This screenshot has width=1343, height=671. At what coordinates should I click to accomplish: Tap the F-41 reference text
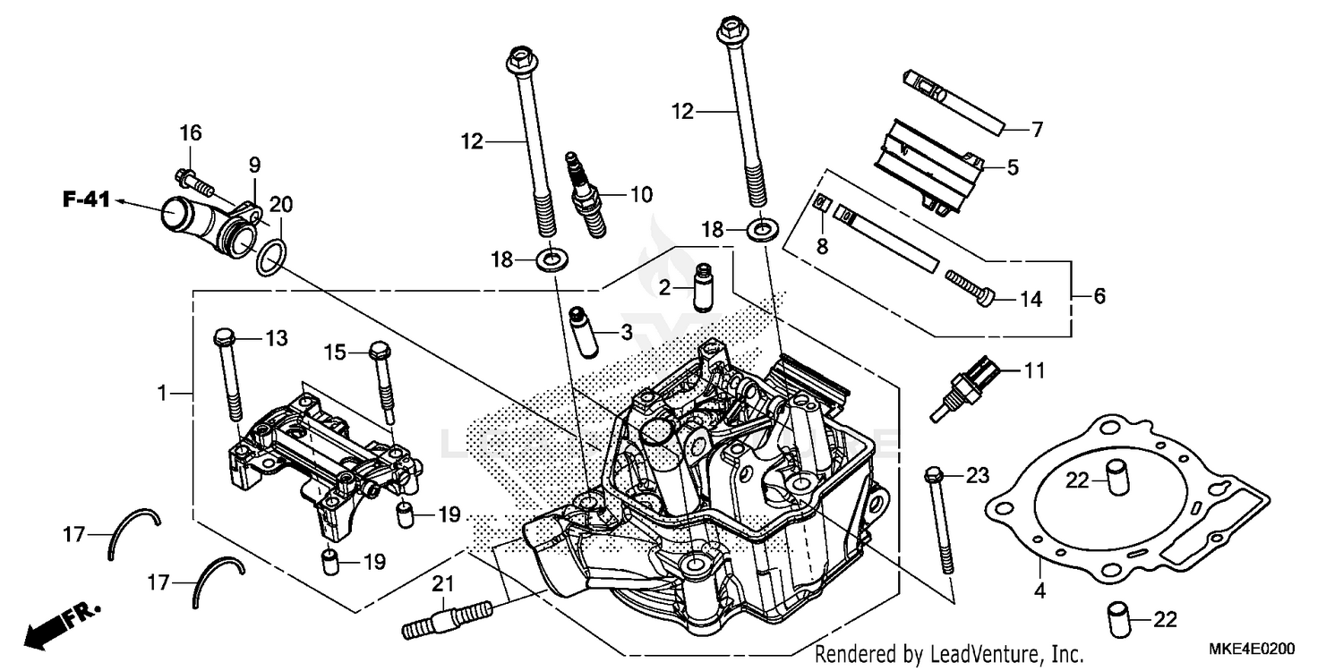coord(86,200)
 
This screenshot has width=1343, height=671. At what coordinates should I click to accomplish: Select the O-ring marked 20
coord(271,259)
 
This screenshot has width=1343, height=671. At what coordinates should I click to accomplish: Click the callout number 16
coord(190,133)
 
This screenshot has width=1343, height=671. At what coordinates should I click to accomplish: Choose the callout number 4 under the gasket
coord(1039,591)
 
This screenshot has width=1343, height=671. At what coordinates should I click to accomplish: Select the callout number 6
coord(1099,295)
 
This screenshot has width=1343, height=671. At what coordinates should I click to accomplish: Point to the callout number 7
coord(1037,130)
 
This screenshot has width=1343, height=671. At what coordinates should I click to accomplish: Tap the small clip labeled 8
coord(821,202)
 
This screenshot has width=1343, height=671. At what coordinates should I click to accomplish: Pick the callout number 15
coord(334,352)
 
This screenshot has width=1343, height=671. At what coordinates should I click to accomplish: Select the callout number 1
coord(162,392)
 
